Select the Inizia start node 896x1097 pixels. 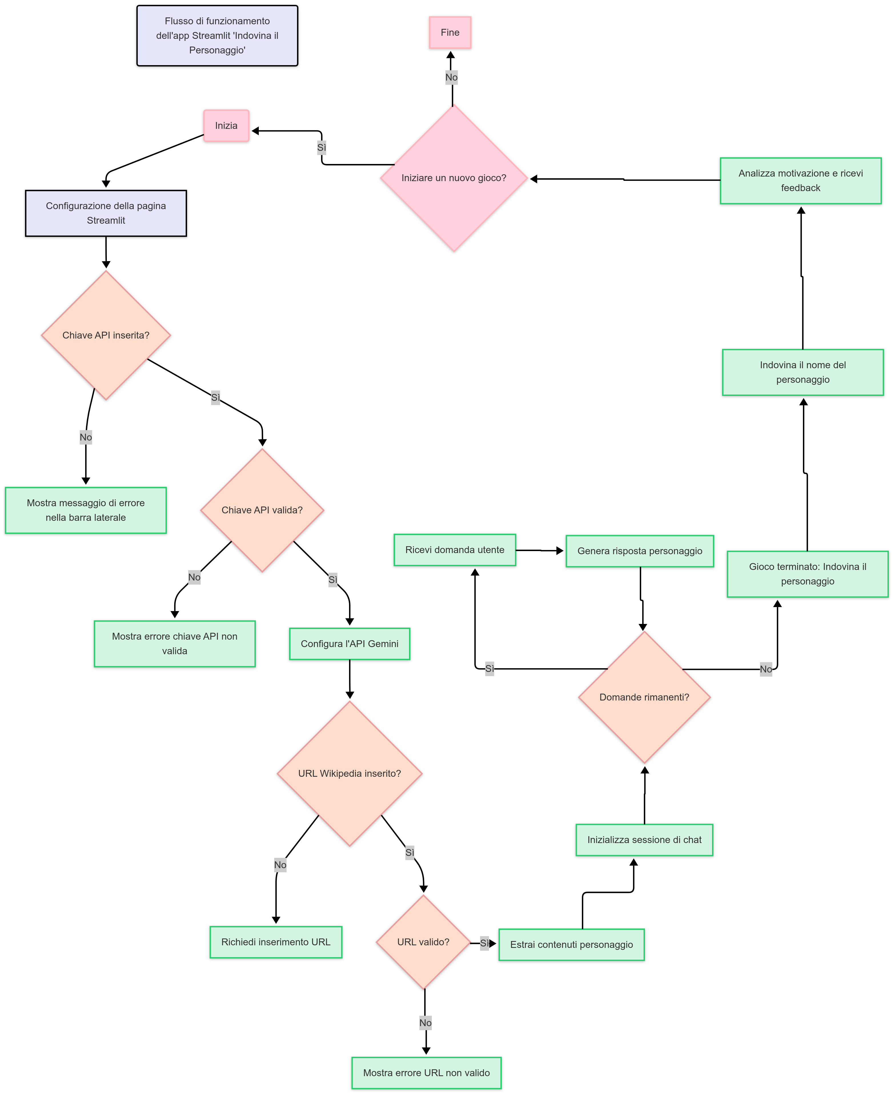pos(226,125)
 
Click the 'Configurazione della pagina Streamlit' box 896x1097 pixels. pos(106,213)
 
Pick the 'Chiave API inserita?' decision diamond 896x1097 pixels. pos(106,335)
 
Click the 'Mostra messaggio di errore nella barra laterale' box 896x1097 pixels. pos(86,510)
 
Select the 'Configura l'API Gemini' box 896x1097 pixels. pos(349,644)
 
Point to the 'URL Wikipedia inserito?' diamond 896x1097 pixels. pos(349,773)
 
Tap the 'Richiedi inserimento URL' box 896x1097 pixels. pos(276,942)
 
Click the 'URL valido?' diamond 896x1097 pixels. pos(423,942)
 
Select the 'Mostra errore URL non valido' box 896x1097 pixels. pos(426,1073)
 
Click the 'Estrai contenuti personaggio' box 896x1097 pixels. pos(571,945)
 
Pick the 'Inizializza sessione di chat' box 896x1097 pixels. pos(644,840)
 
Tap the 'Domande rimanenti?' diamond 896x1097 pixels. pos(644,697)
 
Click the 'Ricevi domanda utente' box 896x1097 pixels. pos(455,550)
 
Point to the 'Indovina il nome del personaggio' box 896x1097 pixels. pos(803,372)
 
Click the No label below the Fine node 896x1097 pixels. pos(451,77)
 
